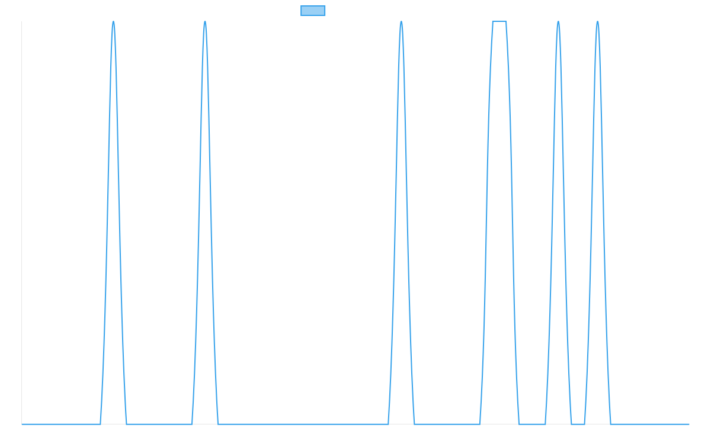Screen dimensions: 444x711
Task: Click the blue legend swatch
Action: click(313, 11)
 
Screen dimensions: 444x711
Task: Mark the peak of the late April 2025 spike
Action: click(113, 22)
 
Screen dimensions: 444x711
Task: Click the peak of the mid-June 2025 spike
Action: click(205, 22)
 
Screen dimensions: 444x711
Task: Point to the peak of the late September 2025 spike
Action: click(401, 22)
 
